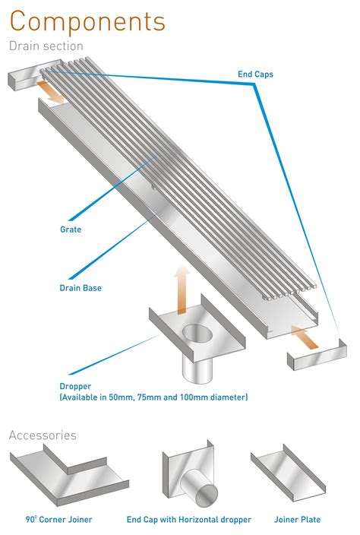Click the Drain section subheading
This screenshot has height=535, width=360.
[x=46, y=46]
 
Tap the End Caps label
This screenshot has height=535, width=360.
[x=255, y=74]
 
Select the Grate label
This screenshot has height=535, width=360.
[x=70, y=228]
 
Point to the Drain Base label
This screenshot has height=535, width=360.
[x=81, y=288]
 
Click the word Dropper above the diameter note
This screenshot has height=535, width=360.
[x=76, y=385]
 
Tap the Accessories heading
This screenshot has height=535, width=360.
[x=43, y=435]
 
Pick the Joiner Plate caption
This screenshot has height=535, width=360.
[x=296, y=520]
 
